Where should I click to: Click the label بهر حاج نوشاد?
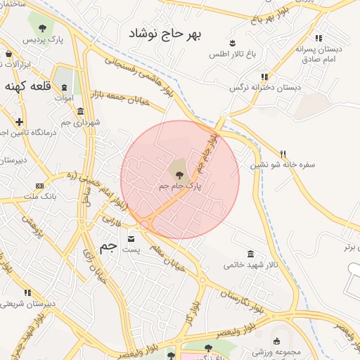(x=169, y=33)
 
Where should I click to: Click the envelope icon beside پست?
(x=131, y=238)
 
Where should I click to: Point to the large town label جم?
(x=108, y=246)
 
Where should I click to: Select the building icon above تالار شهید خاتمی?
(x=250, y=254)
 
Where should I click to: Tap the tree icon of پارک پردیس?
(x=42, y=28)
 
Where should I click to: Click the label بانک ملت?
(x=41, y=197)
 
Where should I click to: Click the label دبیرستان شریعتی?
(x=27, y=304)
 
